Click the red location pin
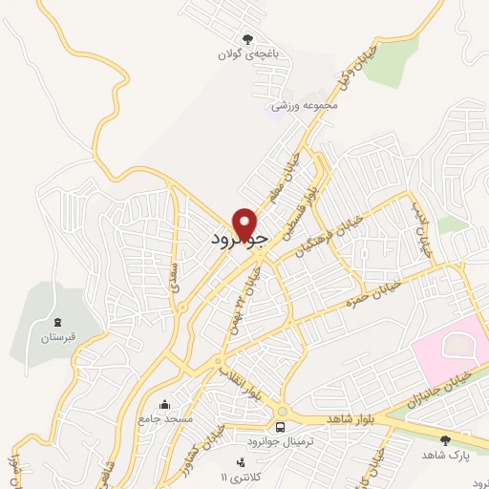(x=247, y=223)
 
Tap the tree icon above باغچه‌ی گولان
(x=247, y=39)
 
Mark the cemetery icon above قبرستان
(x=56, y=321)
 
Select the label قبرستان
(x=56, y=337)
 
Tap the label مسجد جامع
(x=165, y=419)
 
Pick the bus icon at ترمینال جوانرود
(x=281, y=427)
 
